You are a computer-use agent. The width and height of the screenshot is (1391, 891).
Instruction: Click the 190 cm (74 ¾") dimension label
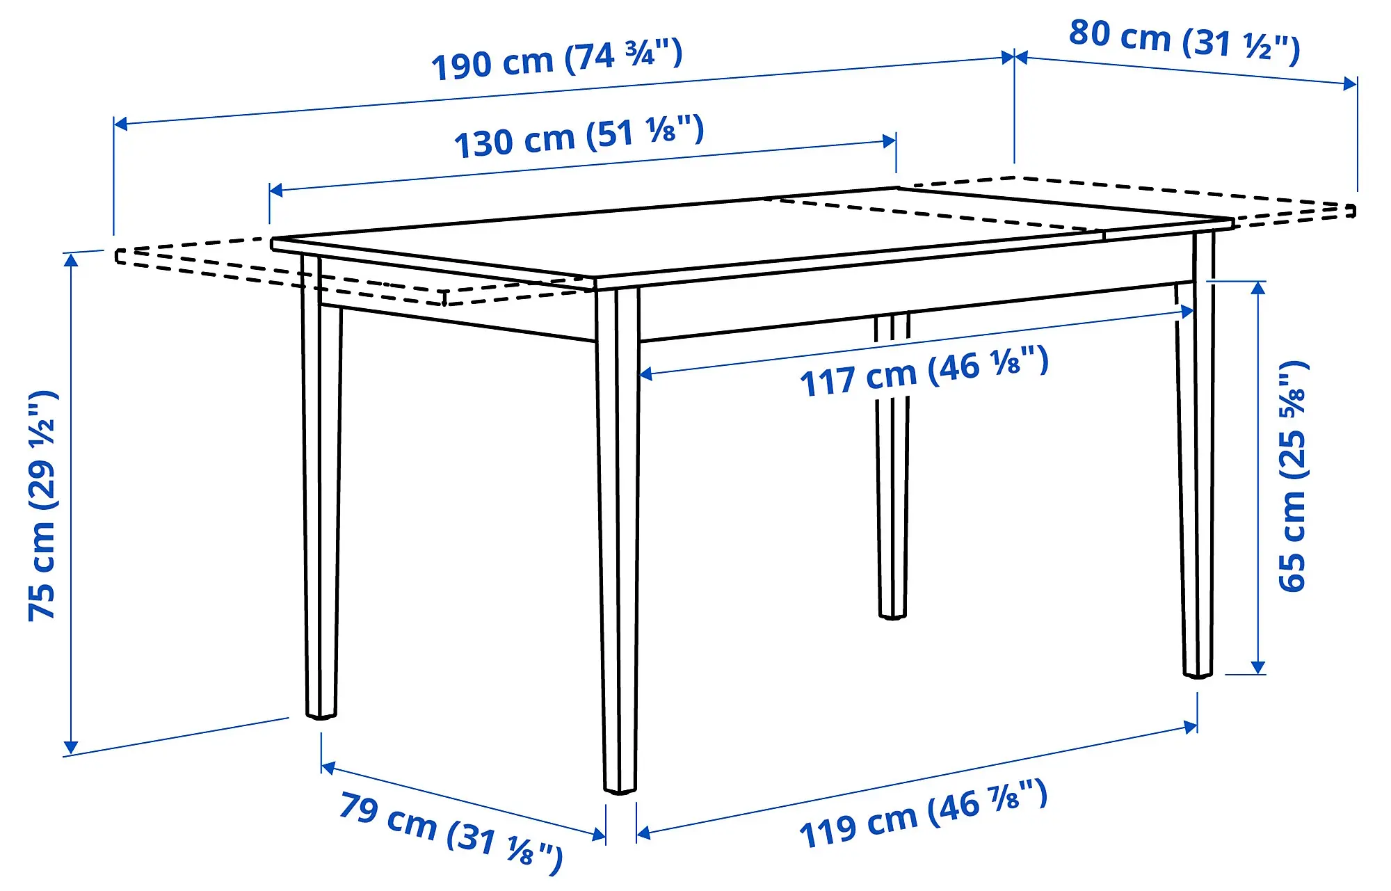click(556, 60)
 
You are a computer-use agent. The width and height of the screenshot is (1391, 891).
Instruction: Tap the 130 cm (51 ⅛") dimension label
click(579, 136)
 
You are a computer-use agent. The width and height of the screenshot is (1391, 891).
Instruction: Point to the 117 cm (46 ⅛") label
click(924, 373)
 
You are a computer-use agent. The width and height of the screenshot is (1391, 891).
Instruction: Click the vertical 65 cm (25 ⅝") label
click(1293, 477)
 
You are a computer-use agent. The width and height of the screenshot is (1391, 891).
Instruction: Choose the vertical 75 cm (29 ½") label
click(42, 506)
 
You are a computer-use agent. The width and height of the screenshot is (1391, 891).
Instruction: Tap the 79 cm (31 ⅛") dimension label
click(451, 830)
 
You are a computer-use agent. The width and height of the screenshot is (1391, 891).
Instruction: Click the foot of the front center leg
click(620, 787)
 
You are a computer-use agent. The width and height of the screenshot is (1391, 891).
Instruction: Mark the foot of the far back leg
click(892, 613)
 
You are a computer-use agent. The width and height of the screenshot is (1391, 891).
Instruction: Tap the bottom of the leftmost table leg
click(321, 713)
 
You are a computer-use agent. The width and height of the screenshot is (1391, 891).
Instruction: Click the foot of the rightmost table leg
click(1198, 672)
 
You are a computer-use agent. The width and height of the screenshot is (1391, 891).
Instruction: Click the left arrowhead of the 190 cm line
click(120, 124)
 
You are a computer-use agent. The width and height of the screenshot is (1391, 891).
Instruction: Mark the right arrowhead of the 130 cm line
click(890, 141)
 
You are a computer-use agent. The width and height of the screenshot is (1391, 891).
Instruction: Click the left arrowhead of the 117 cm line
click(645, 374)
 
